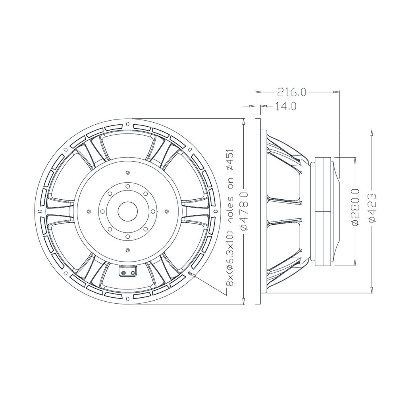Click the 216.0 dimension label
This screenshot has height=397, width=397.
(292, 92)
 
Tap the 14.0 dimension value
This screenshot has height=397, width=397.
(285, 106)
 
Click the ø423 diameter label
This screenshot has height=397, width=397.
(372, 208)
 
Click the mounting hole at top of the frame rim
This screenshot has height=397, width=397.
(127, 124)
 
